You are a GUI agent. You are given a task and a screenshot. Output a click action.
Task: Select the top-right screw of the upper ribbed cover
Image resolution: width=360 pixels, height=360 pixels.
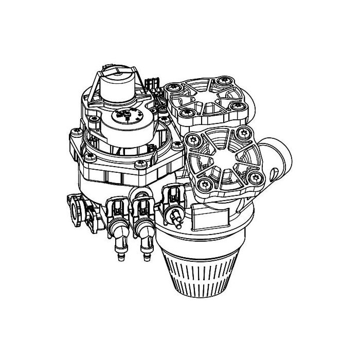tap(223, 81)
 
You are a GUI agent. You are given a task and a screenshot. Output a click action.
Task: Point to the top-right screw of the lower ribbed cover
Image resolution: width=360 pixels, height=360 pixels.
tap(242, 135)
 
